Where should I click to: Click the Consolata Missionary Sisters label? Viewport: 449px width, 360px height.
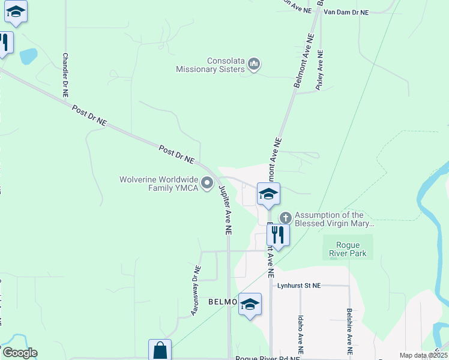tap(210, 65)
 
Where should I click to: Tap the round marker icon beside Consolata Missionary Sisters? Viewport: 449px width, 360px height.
tap(254, 64)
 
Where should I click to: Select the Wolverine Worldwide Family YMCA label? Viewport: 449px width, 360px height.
tap(159, 183)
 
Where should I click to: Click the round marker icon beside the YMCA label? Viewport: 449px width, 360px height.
tap(208, 183)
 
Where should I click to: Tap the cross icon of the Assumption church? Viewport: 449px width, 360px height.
tap(286, 216)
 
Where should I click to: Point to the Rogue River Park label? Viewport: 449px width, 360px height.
tap(348, 249)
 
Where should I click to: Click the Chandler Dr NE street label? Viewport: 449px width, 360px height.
tap(65, 75)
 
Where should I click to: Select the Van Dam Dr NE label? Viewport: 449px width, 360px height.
tap(346, 11)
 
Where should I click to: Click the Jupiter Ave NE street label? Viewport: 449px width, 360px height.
tap(225, 209)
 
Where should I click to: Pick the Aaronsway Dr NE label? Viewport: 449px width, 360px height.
tap(194, 292)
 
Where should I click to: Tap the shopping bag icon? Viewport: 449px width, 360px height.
tap(160, 350)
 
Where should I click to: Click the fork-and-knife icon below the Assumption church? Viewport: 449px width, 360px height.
tap(278, 234)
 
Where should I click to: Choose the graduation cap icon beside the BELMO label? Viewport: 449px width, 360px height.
tap(250, 305)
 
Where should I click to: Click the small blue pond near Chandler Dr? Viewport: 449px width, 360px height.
tap(28, 56)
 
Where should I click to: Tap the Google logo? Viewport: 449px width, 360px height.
tap(19, 353)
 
